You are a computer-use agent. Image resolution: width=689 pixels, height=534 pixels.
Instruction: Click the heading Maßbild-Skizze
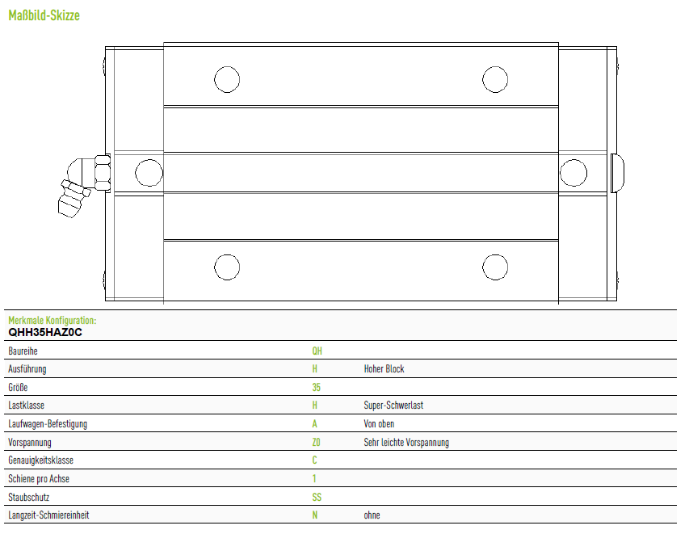(x=44, y=16)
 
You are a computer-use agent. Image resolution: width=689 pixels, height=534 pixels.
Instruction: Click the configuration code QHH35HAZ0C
(x=45, y=332)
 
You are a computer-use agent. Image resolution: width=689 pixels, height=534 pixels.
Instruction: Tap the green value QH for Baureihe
(x=317, y=351)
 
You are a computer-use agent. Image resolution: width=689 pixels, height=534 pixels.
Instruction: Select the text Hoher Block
(x=384, y=368)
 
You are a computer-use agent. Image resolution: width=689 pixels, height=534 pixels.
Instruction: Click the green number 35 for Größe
(x=317, y=387)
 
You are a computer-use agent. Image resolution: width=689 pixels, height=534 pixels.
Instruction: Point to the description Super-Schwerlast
(x=393, y=406)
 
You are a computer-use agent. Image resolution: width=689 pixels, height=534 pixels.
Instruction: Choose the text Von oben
(x=379, y=423)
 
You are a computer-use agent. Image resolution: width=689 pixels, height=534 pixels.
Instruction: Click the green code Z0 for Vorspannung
(x=316, y=442)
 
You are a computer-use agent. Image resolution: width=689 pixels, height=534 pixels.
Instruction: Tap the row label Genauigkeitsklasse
(x=41, y=460)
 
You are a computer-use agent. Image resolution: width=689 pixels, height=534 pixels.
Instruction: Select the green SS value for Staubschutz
(x=317, y=497)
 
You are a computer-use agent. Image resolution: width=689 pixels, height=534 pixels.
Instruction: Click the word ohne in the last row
(x=372, y=515)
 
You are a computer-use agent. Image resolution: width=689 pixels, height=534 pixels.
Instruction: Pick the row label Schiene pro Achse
(x=39, y=478)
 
